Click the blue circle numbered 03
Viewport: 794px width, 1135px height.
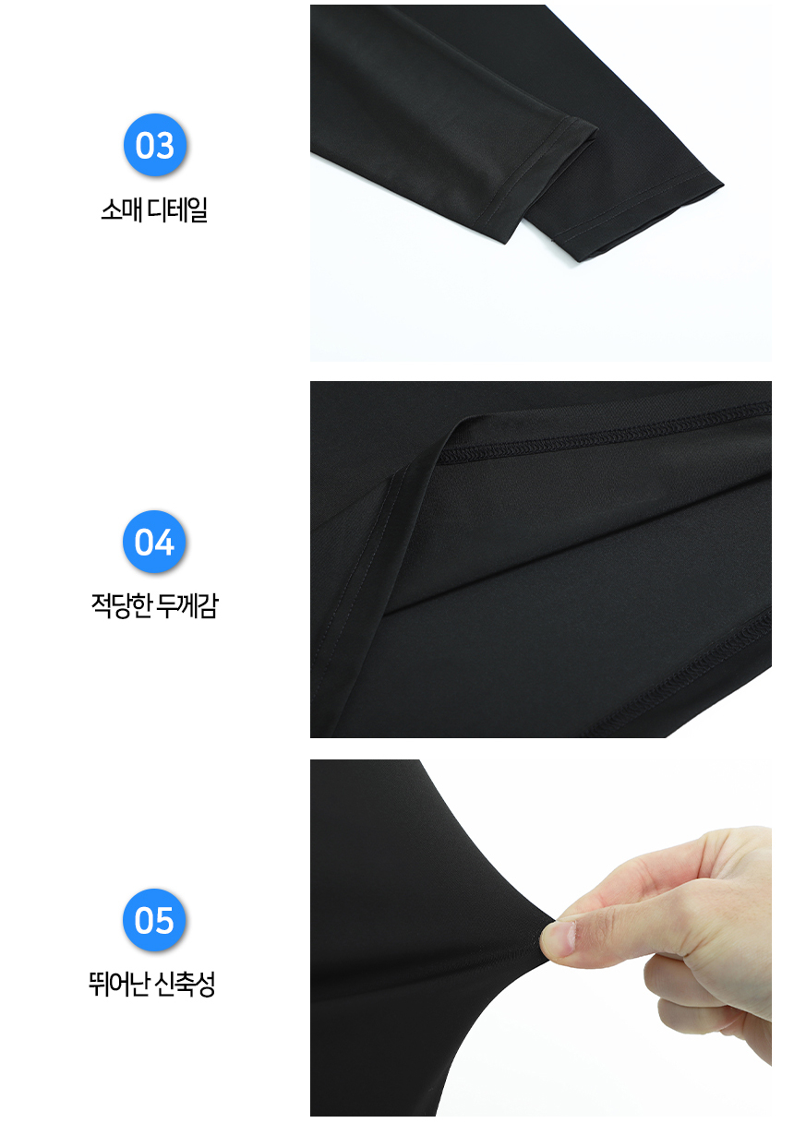pyautogui.click(x=155, y=146)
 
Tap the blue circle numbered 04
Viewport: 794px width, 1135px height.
pyautogui.click(x=155, y=543)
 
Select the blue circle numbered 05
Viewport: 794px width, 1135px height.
pyautogui.click(x=155, y=921)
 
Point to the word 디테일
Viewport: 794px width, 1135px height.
pyautogui.click(x=177, y=210)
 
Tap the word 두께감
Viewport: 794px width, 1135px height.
pyautogui.click(x=187, y=607)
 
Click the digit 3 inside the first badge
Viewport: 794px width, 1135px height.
pyautogui.click(x=164, y=146)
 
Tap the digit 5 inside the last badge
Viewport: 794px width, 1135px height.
pyautogui.click(x=164, y=921)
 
